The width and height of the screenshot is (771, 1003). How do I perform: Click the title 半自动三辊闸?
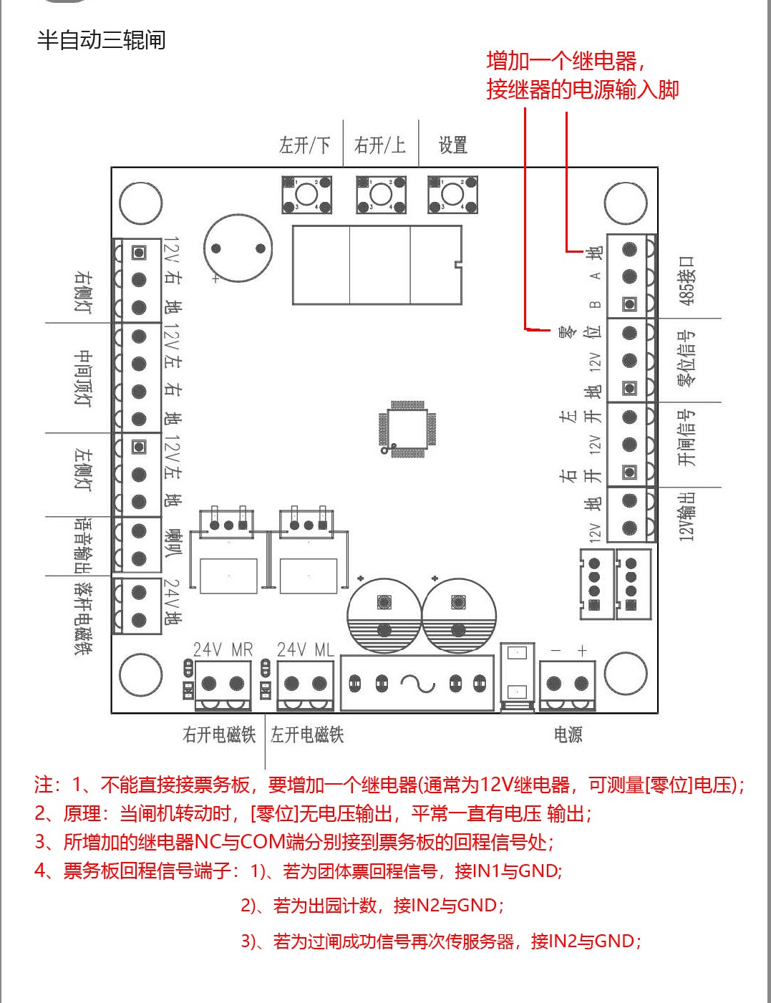click(x=101, y=40)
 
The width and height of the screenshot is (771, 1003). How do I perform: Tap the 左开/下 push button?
click(x=306, y=194)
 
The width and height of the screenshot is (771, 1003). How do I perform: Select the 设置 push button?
click(x=452, y=194)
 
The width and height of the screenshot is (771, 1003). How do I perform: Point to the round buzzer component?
click(x=238, y=248)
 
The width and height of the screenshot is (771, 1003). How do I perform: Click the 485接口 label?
click(x=687, y=280)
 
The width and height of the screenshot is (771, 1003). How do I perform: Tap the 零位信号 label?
click(x=687, y=358)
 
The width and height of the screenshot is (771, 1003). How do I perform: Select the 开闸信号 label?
click(x=687, y=438)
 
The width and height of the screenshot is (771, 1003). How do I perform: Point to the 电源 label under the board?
click(x=568, y=735)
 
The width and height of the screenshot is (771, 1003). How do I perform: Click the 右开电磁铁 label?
click(x=219, y=735)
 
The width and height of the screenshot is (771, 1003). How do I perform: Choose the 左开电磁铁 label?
click(x=307, y=735)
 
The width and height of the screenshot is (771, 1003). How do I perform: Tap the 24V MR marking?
click(x=223, y=649)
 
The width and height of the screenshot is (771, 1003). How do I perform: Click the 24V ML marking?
click(x=305, y=649)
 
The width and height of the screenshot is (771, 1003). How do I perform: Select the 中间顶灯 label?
click(x=84, y=378)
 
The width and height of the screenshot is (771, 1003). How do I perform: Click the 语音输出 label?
click(x=84, y=545)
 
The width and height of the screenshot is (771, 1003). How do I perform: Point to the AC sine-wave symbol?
click(x=418, y=684)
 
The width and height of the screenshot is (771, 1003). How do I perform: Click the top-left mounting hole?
click(x=140, y=203)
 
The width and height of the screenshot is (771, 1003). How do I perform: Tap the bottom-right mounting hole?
click(x=626, y=674)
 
